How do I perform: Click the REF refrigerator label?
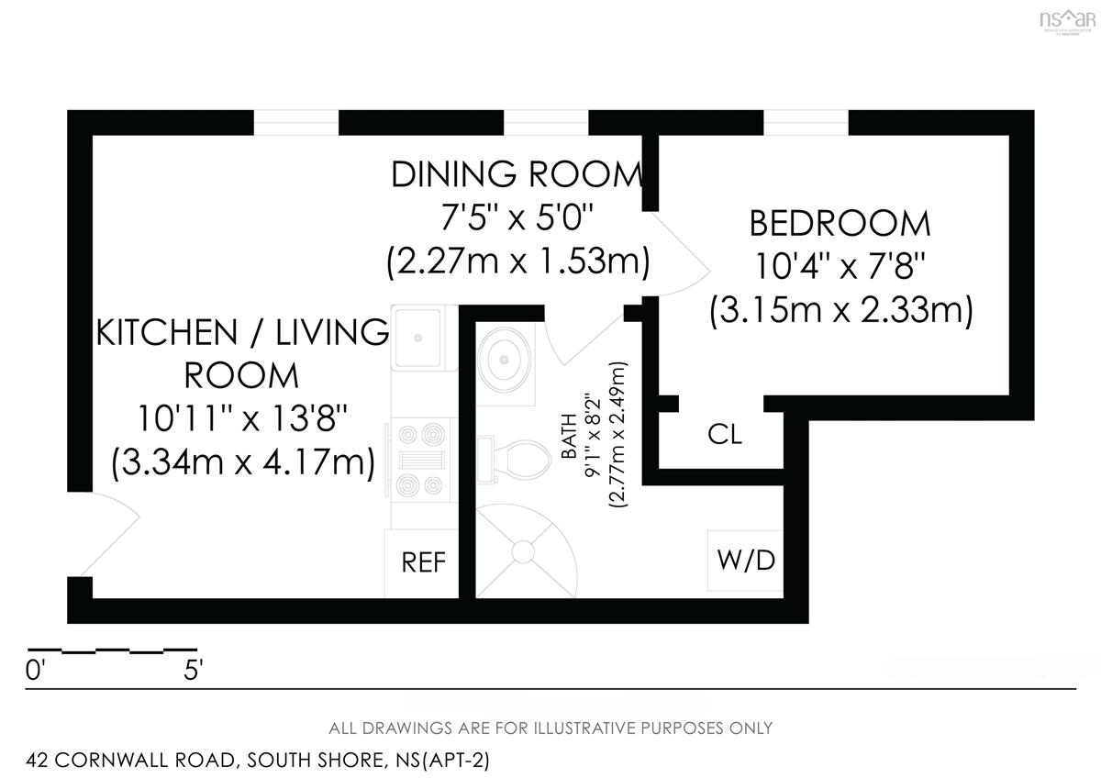(x=423, y=562)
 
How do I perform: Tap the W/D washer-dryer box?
(x=745, y=561)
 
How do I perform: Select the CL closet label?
(x=725, y=435)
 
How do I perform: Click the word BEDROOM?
(x=840, y=224)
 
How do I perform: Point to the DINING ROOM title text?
(x=517, y=174)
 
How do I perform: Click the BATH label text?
(x=569, y=436)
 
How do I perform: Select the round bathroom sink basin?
(x=505, y=360)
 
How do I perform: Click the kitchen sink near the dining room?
(x=418, y=338)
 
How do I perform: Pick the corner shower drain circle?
(x=523, y=551)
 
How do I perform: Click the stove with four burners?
(x=422, y=460)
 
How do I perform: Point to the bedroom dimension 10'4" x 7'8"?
(x=840, y=266)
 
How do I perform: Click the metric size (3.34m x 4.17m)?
(x=243, y=462)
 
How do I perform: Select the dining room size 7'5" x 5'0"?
(x=517, y=217)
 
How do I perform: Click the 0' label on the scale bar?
(x=36, y=670)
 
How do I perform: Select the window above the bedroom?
(x=806, y=123)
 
